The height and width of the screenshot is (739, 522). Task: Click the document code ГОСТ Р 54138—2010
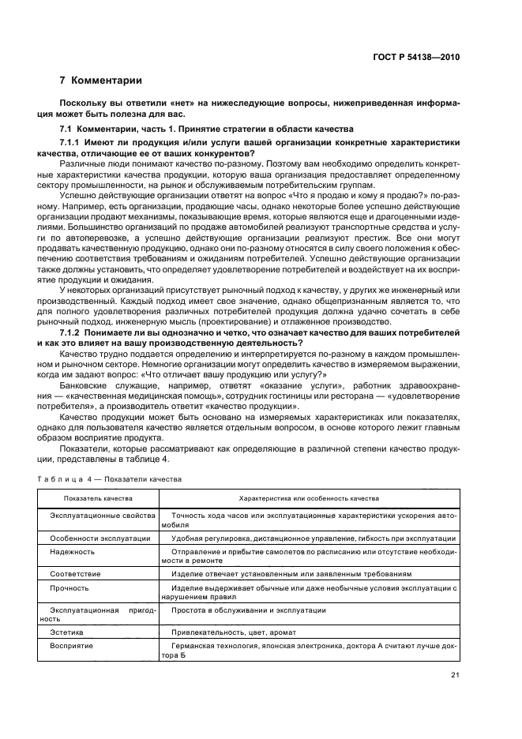417,57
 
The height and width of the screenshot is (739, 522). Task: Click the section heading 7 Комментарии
101,81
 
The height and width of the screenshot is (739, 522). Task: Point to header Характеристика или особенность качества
309,498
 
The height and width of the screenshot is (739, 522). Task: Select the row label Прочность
70,588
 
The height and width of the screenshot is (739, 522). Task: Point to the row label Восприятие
72,646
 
